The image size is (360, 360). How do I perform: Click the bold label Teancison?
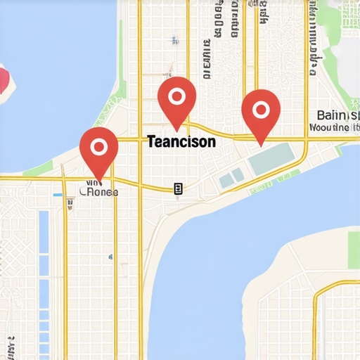tap(181, 141)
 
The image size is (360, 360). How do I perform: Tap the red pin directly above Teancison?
tap(176, 99)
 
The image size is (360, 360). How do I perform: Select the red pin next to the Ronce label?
tap(98, 150)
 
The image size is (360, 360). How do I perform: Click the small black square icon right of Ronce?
tap(178, 188)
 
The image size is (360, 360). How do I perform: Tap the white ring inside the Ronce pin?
tap(98, 146)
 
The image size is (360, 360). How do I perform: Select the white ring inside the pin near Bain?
tap(260, 108)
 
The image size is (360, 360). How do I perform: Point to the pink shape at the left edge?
tap(4, 79)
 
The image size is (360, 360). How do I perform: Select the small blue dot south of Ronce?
tap(113, 257)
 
